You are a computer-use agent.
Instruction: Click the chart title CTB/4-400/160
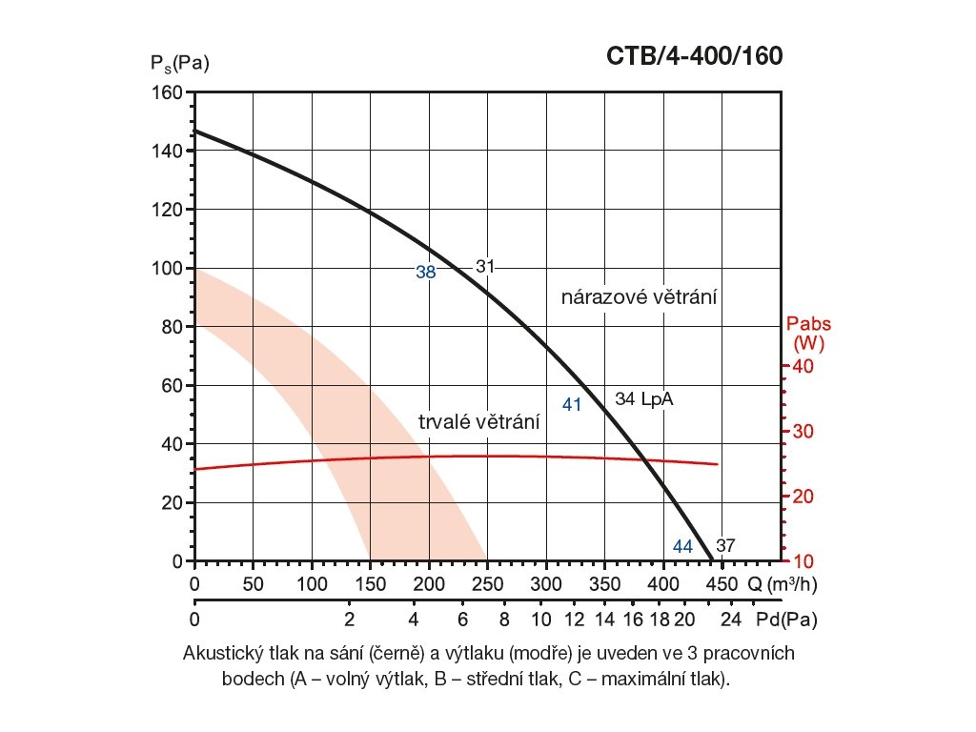click(695, 56)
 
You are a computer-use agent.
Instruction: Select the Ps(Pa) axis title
click(179, 65)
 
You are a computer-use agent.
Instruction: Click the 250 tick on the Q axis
click(487, 583)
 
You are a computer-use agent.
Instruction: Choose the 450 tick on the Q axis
click(722, 583)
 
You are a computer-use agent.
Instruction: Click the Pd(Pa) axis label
click(786, 620)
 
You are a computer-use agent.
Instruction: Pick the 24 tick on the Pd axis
click(729, 620)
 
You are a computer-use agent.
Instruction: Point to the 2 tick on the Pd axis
click(348, 620)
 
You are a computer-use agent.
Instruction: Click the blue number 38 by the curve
click(426, 273)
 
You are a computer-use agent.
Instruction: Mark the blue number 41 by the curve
click(572, 405)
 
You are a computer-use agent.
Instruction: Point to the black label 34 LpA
click(644, 399)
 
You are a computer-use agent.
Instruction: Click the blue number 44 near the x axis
click(682, 547)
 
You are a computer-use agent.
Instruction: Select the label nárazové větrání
click(638, 298)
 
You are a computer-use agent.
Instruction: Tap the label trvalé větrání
click(479, 421)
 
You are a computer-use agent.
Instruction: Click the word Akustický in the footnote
click(220, 655)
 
